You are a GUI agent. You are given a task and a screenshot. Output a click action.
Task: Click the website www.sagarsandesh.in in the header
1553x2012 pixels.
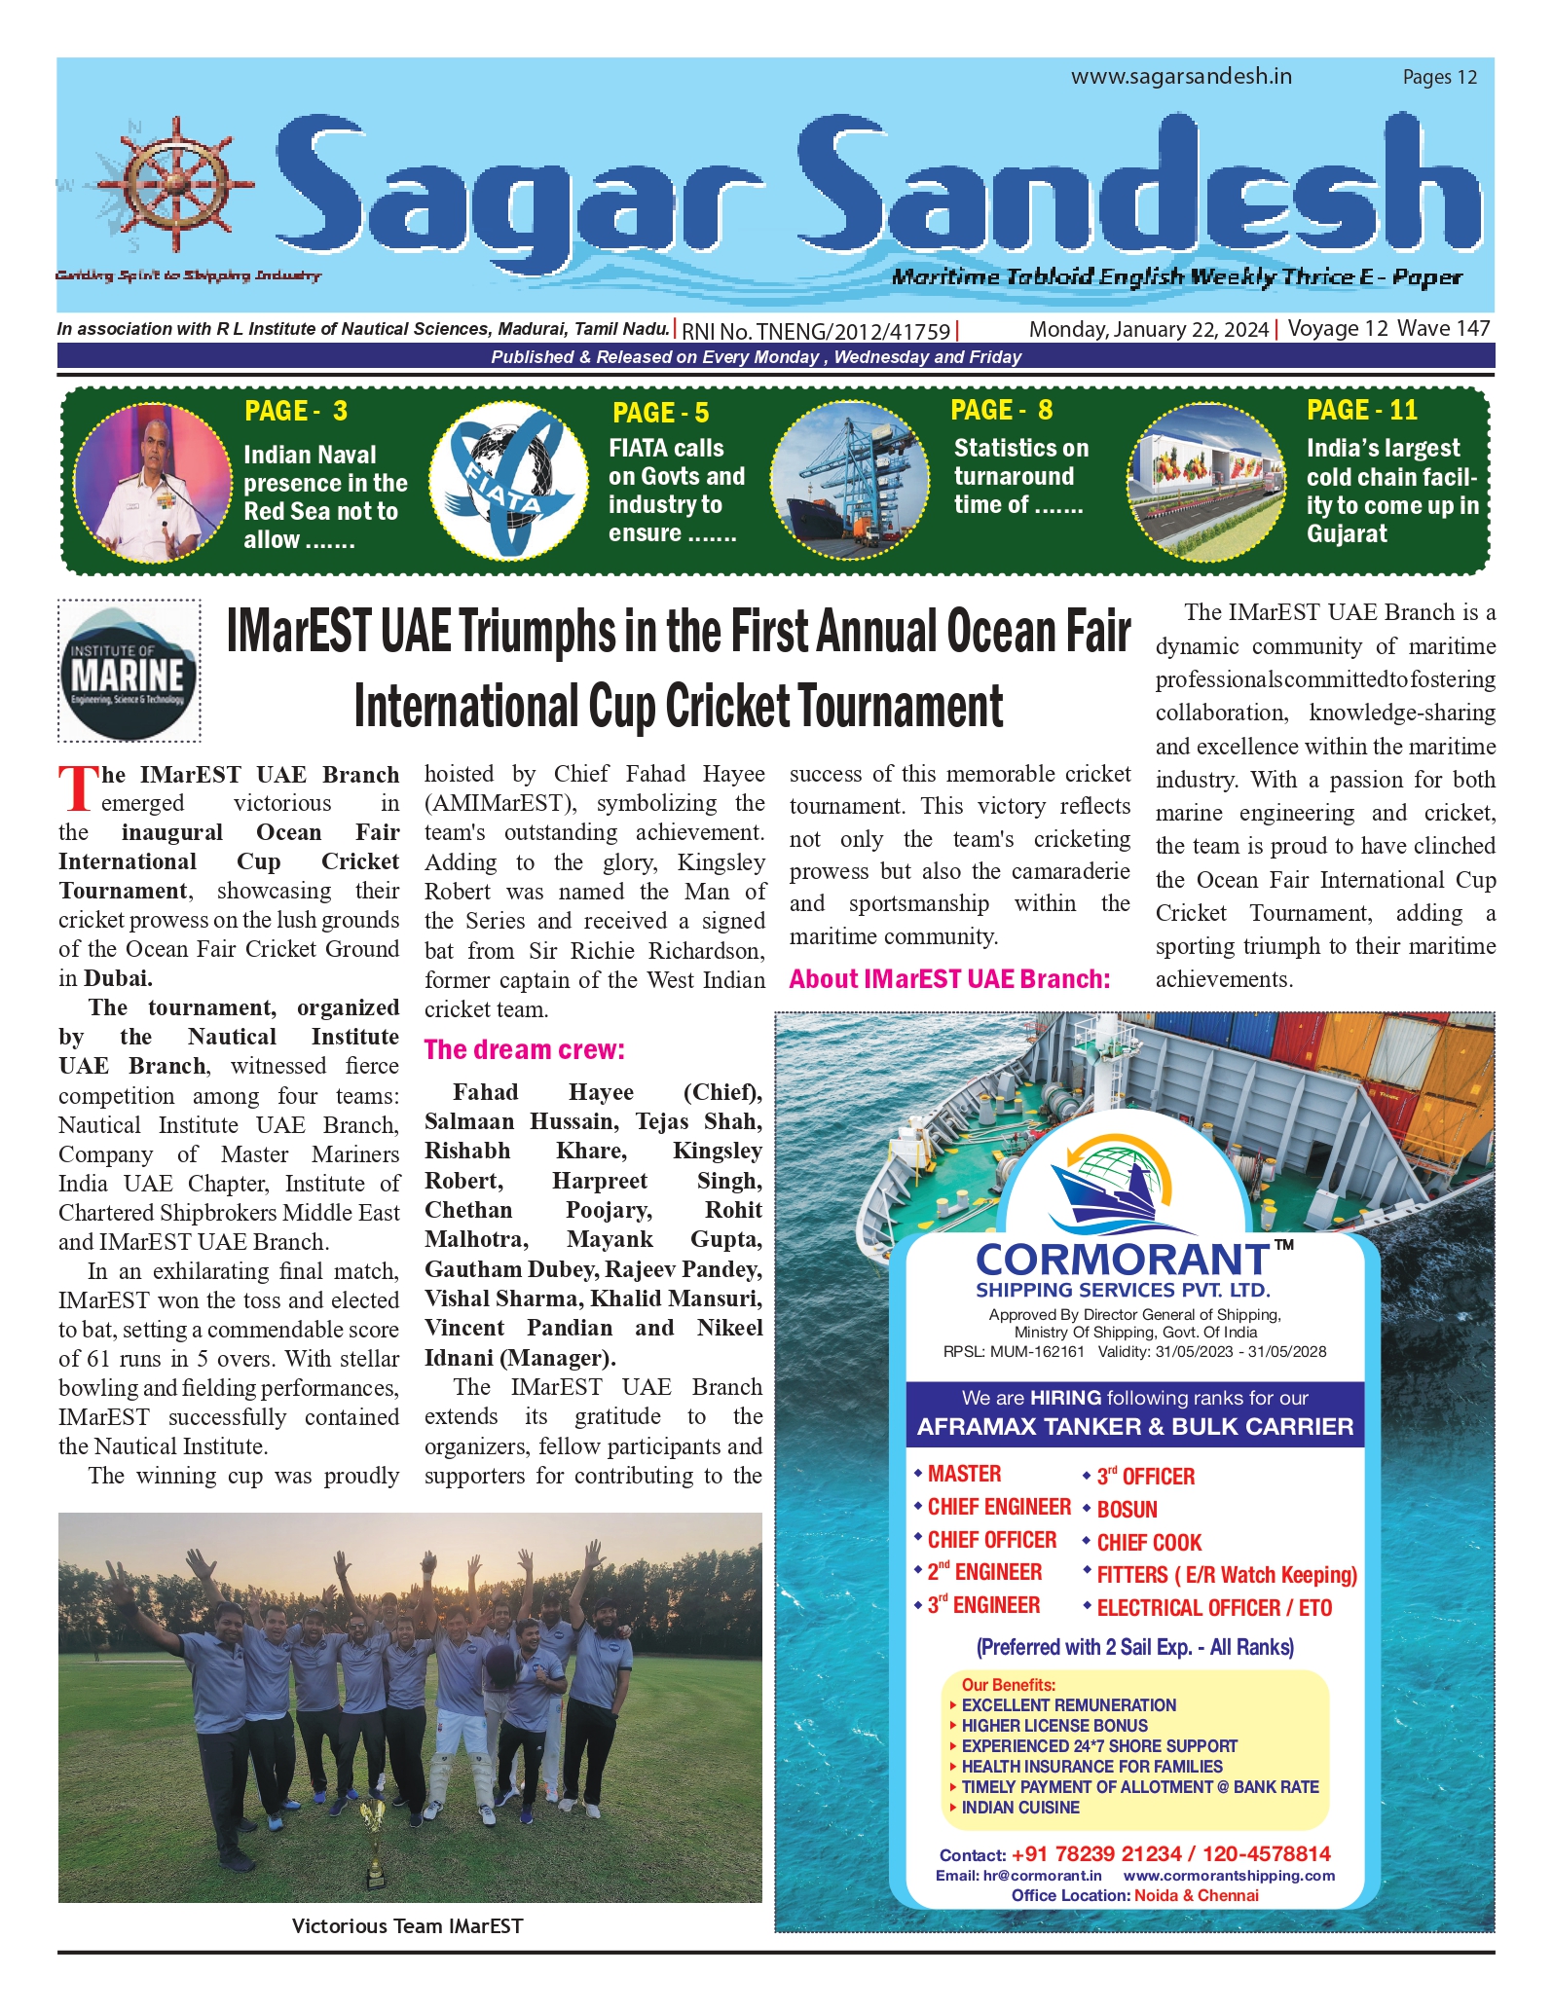[1181, 76]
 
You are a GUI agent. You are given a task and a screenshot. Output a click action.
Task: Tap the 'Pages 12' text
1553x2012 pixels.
[1439, 77]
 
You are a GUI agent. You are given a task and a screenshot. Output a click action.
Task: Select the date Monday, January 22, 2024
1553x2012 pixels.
[1148, 329]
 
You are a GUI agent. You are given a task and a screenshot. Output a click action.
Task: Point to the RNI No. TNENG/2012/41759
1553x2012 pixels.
[816, 331]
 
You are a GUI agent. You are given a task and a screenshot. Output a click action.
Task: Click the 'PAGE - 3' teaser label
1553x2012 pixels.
[295, 411]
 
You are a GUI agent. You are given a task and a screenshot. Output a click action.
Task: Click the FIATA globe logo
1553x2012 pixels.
[508, 481]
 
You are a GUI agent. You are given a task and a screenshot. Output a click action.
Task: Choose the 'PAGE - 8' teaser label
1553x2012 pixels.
[1001, 410]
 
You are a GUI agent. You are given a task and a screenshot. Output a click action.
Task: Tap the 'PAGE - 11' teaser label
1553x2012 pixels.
[1361, 410]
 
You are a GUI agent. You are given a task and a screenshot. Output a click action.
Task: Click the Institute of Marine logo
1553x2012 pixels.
[129, 671]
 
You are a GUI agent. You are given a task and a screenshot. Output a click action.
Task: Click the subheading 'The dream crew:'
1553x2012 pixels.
[524, 1049]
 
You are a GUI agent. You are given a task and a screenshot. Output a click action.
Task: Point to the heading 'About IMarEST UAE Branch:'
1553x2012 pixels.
[949, 978]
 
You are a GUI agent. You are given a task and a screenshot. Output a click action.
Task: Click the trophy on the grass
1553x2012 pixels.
[373, 1842]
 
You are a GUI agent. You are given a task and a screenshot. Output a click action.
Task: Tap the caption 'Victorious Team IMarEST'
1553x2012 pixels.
[407, 1925]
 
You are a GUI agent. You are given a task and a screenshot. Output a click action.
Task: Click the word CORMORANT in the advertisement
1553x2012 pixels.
[1123, 1260]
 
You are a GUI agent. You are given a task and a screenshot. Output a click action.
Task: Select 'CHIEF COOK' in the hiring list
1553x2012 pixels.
[1149, 1543]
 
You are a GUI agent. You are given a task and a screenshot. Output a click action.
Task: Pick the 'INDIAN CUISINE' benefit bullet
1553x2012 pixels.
[1020, 1808]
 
